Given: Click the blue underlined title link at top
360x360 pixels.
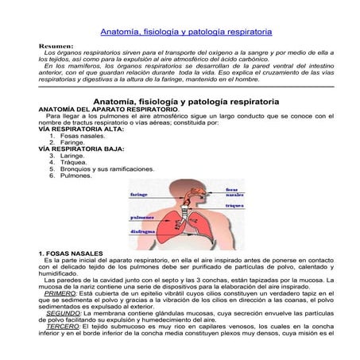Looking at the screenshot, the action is [x=185, y=32].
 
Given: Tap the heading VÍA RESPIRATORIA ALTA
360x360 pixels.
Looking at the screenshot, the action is [x=71, y=129].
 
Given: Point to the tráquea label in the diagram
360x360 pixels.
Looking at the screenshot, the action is [x=234, y=205].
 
